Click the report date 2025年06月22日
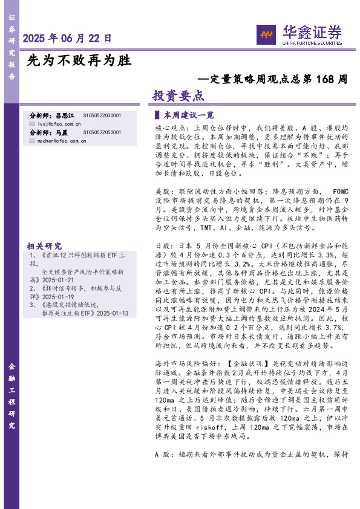[x=67, y=38]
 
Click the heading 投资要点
[x=178, y=96]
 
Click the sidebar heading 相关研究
[x=44, y=246]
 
